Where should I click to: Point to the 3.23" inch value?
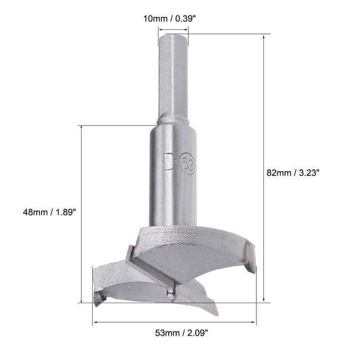click(309, 173)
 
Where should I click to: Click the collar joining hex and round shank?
click(173, 120)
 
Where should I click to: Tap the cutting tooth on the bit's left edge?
click(98, 296)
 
